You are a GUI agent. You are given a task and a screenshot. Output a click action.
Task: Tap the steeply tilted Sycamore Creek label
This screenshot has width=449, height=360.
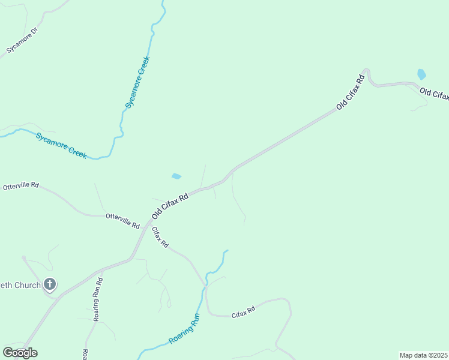pyautogui.click(x=137, y=82)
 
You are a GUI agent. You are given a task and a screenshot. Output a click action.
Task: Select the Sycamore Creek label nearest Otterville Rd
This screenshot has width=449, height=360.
pyautogui.click(x=61, y=145)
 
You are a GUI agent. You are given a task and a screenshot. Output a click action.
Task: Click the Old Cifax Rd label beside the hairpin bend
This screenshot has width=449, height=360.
pyautogui.click(x=351, y=92)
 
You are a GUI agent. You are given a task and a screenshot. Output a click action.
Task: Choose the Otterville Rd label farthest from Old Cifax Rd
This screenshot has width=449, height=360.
pyautogui.click(x=20, y=186)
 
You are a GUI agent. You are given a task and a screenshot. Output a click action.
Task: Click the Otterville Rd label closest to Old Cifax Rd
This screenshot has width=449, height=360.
pyautogui.click(x=122, y=220)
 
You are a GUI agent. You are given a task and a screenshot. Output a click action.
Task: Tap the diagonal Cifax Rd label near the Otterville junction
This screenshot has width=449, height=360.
pyautogui.click(x=160, y=238)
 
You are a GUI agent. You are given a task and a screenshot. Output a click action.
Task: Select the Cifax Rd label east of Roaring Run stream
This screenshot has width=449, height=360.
pyautogui.click(x=244, y=311)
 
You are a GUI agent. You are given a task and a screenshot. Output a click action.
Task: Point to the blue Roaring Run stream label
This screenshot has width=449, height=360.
pyautogui.click(x=184, y=332)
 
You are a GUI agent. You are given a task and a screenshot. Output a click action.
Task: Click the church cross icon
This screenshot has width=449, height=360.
pyautogui.click(x=50, y=285)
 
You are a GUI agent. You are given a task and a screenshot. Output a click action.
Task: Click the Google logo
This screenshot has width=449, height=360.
pyautogui.click(x=20, y=353)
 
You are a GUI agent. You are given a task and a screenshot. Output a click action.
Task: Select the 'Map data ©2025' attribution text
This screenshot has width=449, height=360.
pyautogui.click(x=423, y=355)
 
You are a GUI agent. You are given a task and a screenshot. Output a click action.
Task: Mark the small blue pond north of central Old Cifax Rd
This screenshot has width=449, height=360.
pyautogui.click(x=176, y=176)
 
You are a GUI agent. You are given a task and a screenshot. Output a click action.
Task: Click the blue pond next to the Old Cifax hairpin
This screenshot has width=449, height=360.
pyautogui.click(x=421, y=74)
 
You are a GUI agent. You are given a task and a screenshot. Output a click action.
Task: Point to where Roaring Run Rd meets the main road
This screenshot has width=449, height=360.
pyautogui.click(x=101, y=271)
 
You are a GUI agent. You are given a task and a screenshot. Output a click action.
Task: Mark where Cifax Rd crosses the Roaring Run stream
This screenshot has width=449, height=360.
pyautogui.click(x=205, y=289)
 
